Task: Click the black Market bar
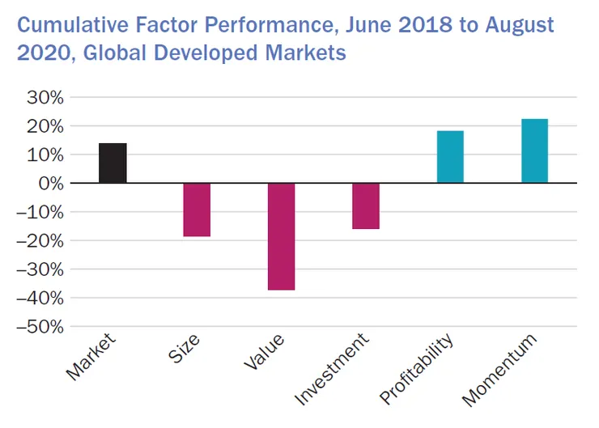coord(113,163)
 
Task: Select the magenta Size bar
coord(197,210)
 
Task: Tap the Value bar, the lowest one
coord(281,236)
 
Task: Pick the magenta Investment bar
coord(366,206)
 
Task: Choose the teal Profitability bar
coord(450,157)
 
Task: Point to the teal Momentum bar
coord(534,151)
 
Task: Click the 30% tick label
coord(45,98)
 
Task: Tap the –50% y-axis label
coord(40,327)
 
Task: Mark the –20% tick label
coord(40,241)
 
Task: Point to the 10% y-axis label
coord(45,155)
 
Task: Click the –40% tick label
coord(40,299)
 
